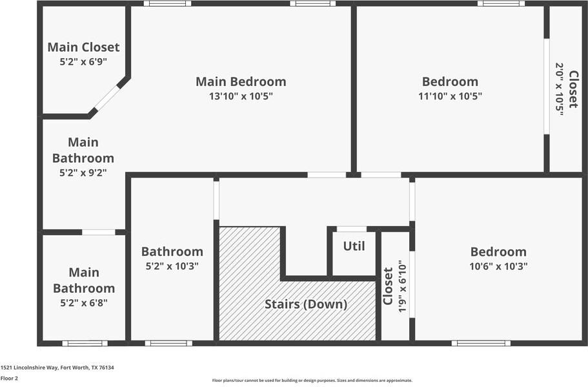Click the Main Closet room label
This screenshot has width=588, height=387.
point(84,47)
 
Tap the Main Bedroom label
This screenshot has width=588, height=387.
point(241,81)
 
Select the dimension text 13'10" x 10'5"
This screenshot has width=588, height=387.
point(241,96)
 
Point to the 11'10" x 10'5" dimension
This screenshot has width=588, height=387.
point(450,96)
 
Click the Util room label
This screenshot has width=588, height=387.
point(354,246)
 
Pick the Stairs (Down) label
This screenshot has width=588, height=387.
point(306,304)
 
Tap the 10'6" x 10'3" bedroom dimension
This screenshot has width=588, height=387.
point(498,266)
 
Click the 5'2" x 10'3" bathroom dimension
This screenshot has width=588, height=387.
point(172,266)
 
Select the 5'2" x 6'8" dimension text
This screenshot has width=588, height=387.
point(84,303)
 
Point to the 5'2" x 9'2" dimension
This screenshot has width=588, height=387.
point(83,173)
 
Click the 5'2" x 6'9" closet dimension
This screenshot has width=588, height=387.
point(84,62)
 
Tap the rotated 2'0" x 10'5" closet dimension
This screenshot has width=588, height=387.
point(559,89)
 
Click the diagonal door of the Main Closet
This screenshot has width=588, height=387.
point(108,97)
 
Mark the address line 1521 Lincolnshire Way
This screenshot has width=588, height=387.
point(57,368)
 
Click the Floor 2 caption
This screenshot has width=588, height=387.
point(9,379)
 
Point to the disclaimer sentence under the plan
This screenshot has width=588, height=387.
point(312,381)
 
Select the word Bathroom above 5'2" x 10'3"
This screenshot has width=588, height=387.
point(172,251)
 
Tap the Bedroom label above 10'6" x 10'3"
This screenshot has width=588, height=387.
point(498,252)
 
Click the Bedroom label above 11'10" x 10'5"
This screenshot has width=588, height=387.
point(450,81)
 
